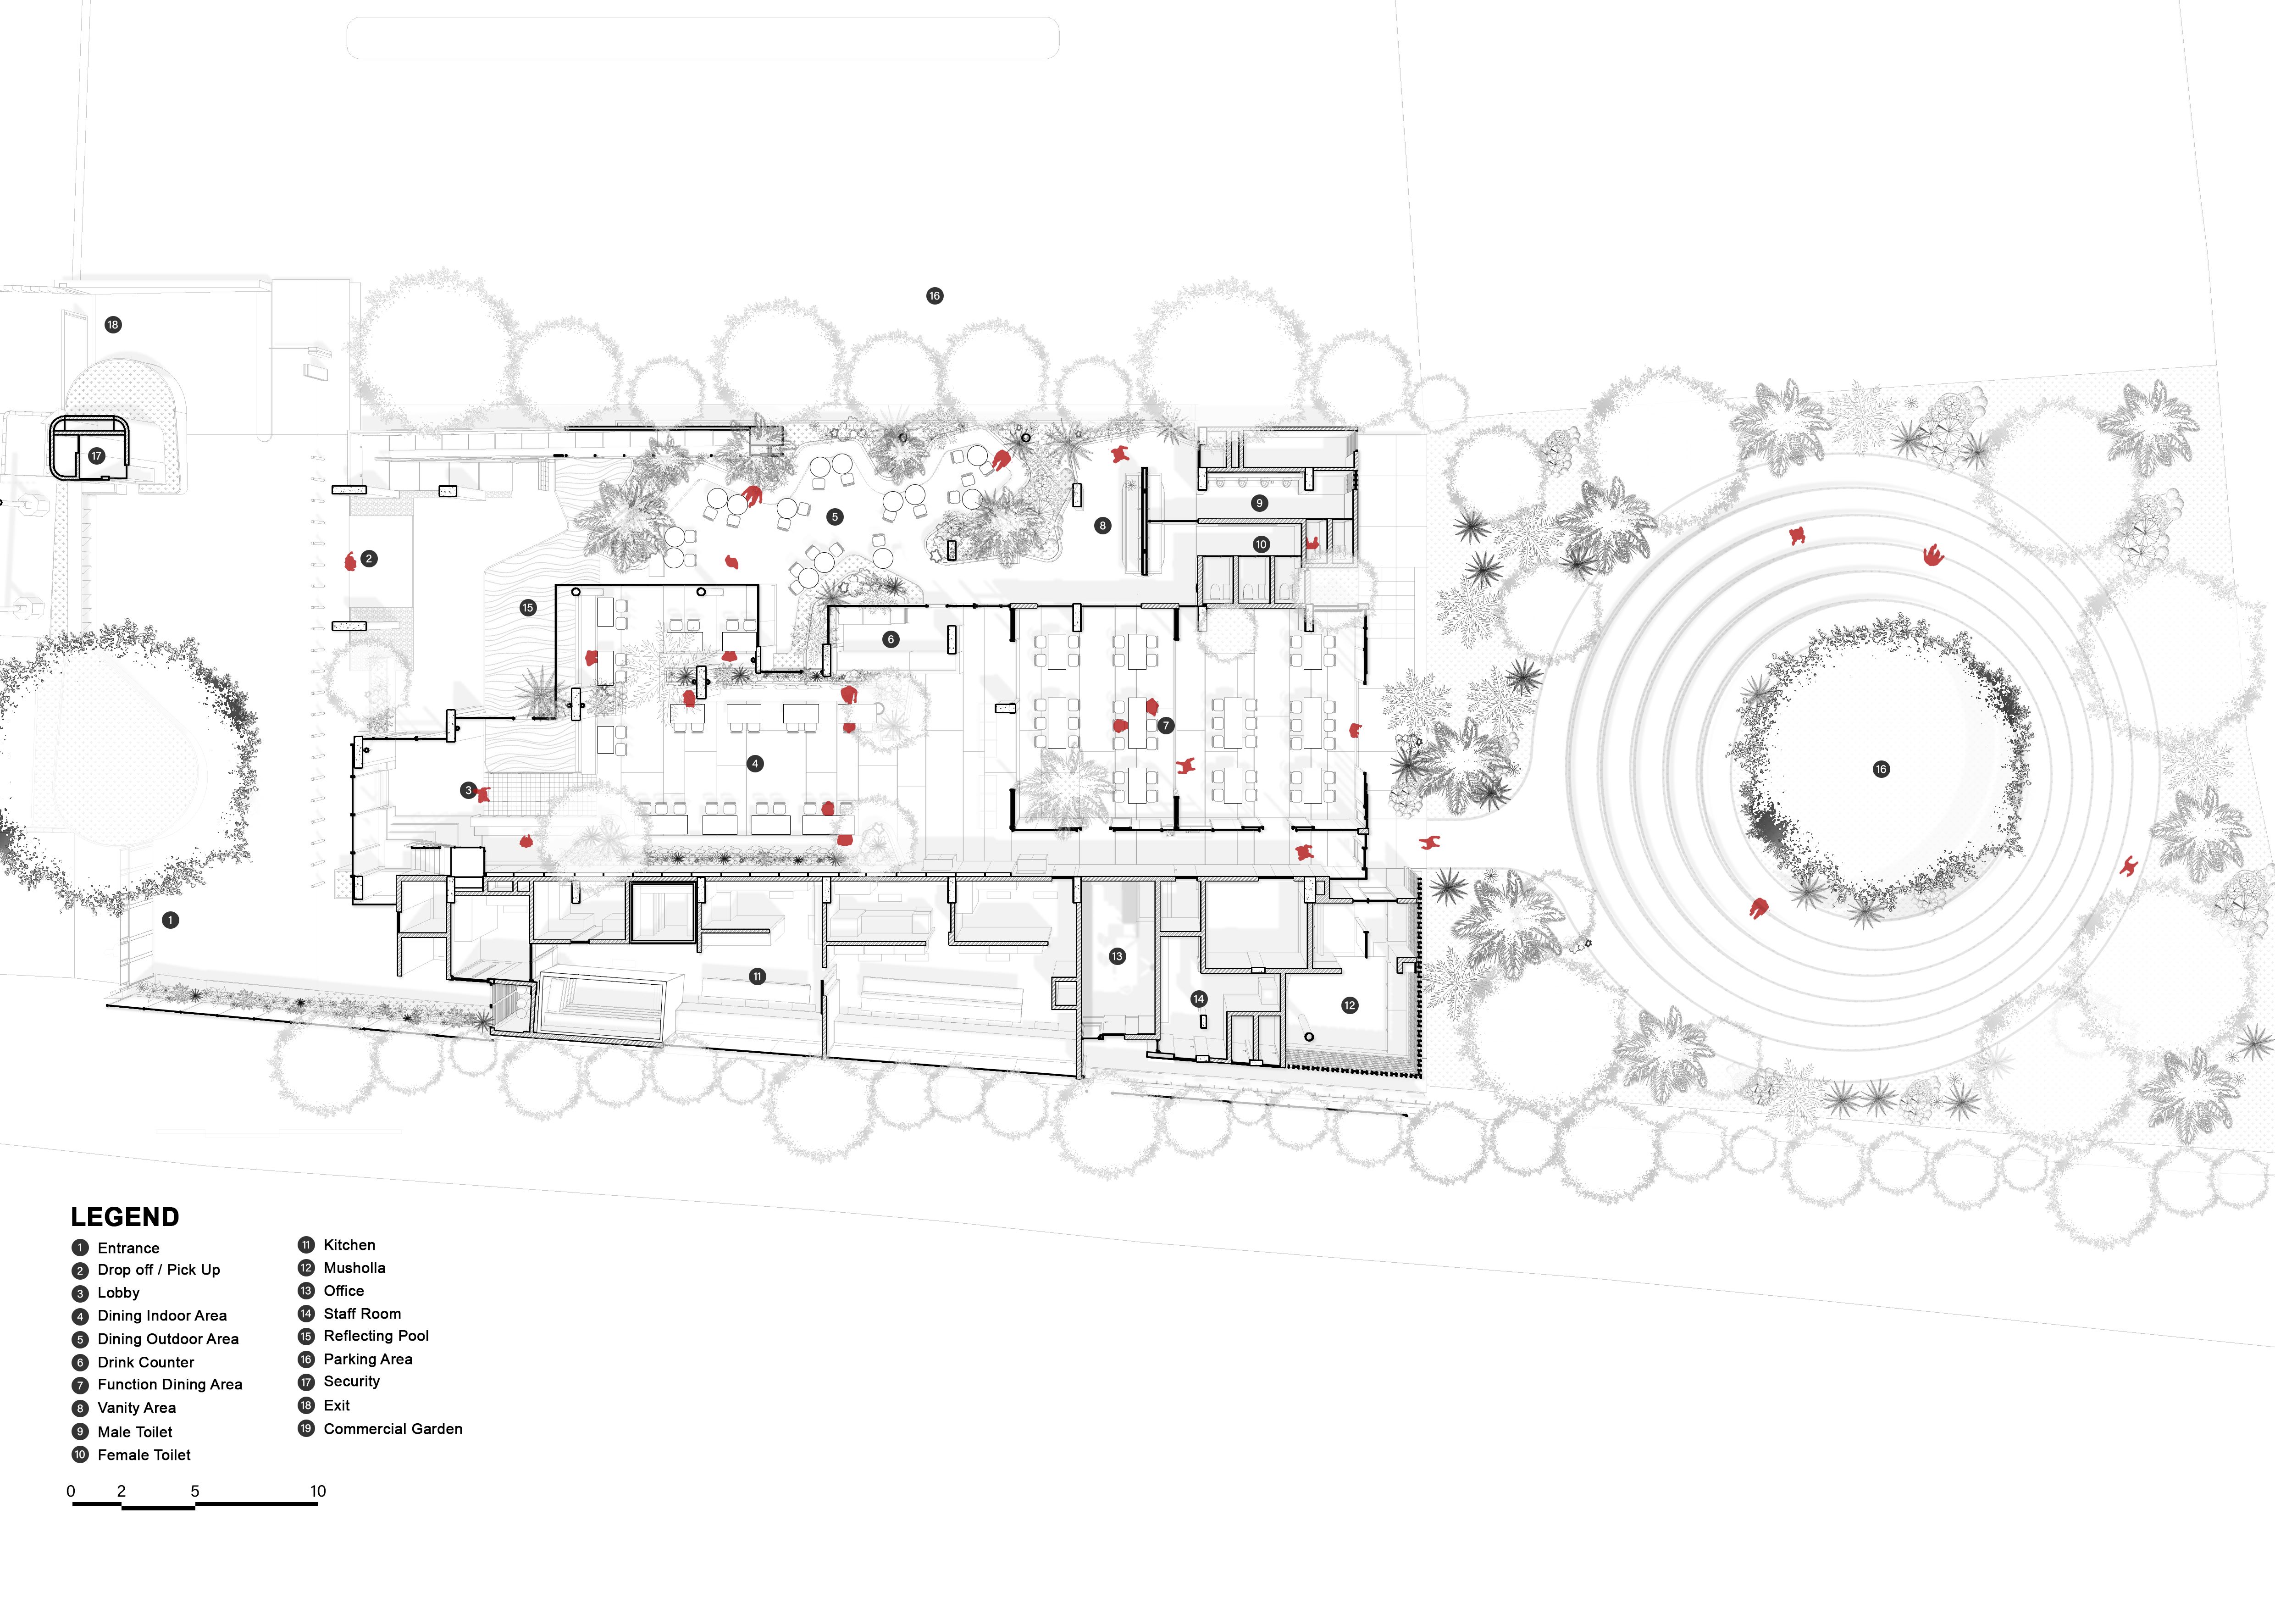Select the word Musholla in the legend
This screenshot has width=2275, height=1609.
[x=354, y=1268]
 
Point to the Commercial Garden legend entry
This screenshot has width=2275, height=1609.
[x=393, y=1429]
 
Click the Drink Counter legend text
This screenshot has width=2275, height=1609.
[x=146, y=1362]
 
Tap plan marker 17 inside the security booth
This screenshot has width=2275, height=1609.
[x=96, y=456]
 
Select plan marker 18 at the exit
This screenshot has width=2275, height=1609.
[x=113, y=325]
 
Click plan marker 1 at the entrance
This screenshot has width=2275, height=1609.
[x=171, y=921]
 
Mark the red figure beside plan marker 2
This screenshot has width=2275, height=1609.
[x=350, y=562]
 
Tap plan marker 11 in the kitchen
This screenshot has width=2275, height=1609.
[x=757, y=977]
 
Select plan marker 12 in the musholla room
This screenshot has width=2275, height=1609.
[x=1350, y=1005]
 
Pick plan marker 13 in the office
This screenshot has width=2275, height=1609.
[x=1118, y=956]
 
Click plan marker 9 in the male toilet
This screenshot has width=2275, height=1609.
[x=1259, y=503]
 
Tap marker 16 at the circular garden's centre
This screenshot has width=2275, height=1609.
[x=1881, y=770]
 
